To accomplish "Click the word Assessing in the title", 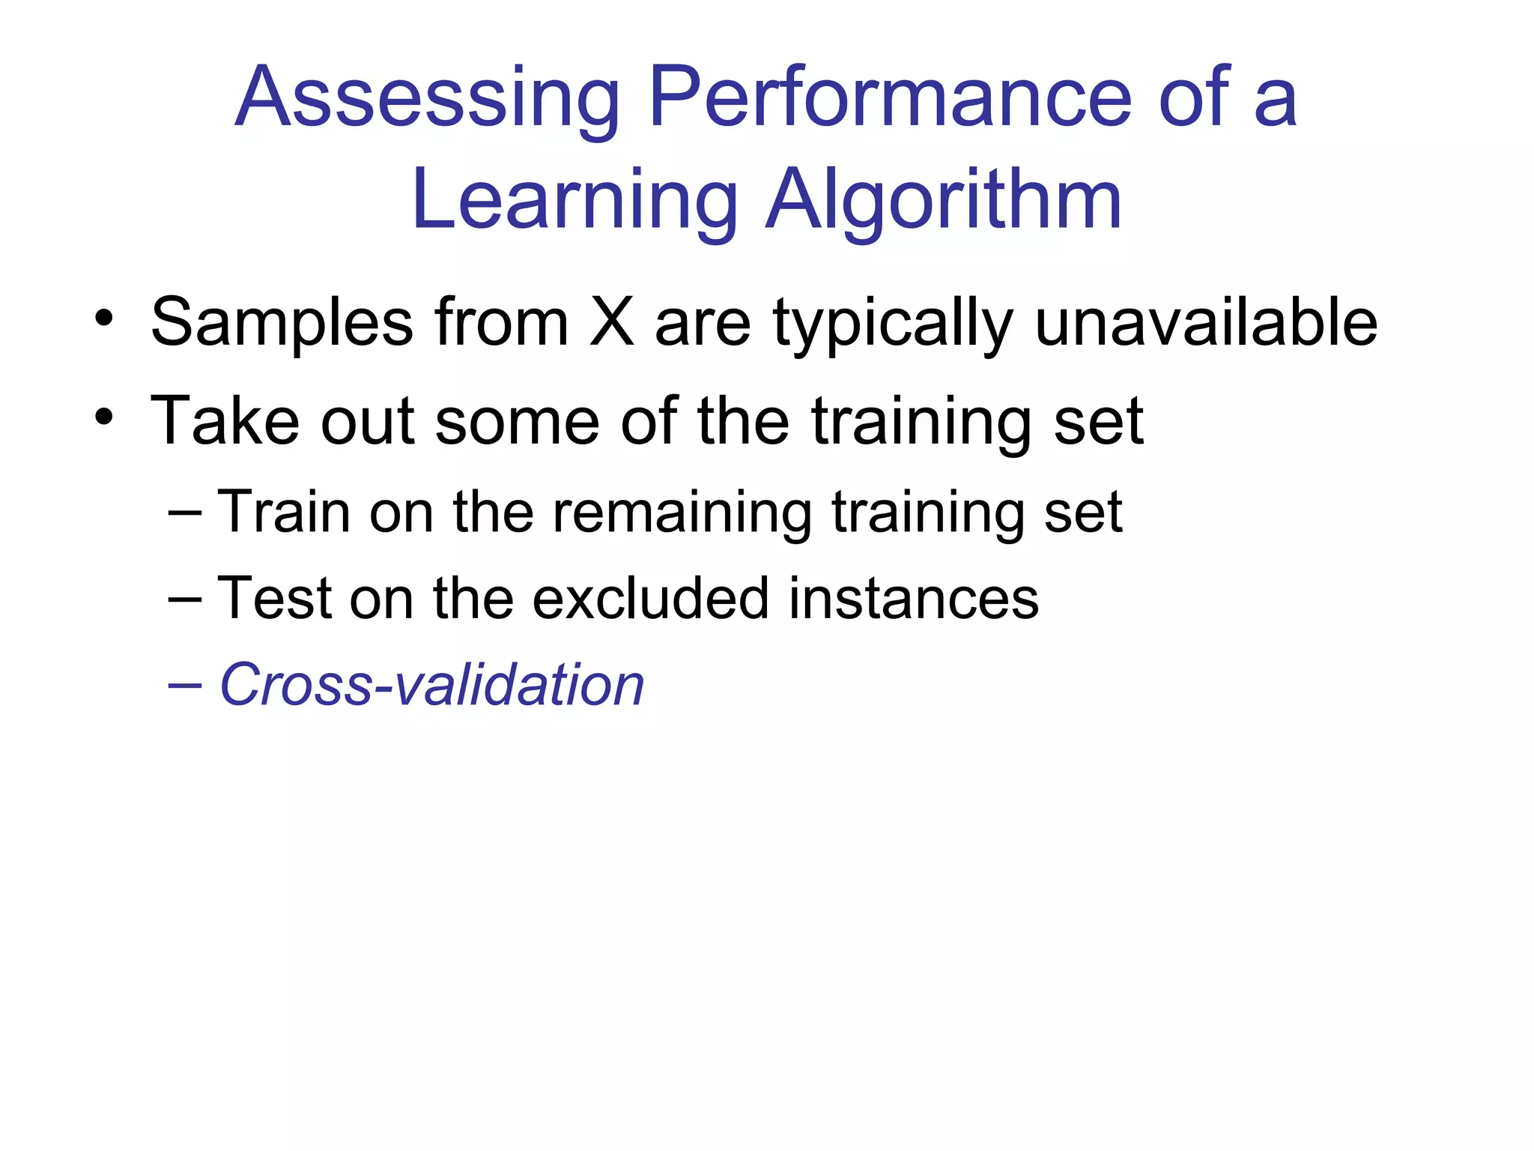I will pos(427,98).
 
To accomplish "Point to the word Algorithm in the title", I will pos(943,199).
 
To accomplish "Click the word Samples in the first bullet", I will pos(282,323).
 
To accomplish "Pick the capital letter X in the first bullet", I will pos(612,321).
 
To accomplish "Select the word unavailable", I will pos(1206,321).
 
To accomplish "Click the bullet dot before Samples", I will pos(103,318).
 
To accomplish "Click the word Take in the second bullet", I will pos(225,420).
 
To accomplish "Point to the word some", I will pos(517,422).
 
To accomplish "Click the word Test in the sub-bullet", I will pos(274,599).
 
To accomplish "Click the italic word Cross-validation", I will pos(431,684).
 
